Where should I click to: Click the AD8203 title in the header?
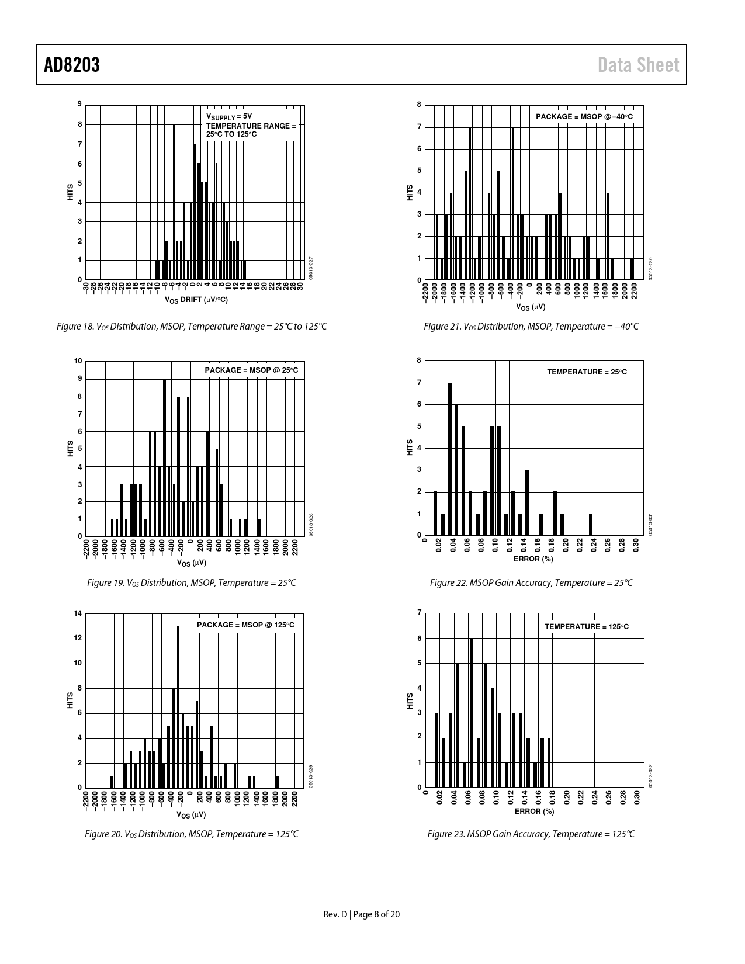(x=72, y=65)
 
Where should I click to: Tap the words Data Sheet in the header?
(x=639, y=65)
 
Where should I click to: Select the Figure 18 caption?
(x=192, y=326)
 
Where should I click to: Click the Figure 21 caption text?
(x=531, y=326)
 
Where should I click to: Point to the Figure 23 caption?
(x=531, y=834)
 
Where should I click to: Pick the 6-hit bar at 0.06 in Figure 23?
(x=471, y=713)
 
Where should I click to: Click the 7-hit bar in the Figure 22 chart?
(x=449, y=459)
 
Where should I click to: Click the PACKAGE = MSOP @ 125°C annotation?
(x=245, y=625)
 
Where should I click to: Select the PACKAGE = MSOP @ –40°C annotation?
(x=584, y=117)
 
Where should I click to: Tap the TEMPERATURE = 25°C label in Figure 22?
(x=587, y=372)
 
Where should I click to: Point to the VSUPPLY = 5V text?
(x=228, y=116)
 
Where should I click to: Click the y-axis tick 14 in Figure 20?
(x=78, y=613)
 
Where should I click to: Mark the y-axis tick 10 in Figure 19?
(x=78, y=361)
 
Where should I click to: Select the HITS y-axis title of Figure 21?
(x=410, y=193)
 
